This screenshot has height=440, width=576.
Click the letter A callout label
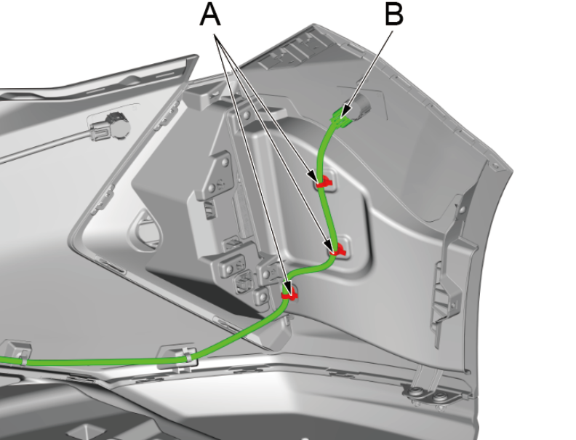(210, 15)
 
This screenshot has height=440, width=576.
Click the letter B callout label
(393, 15)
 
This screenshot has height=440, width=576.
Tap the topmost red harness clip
(323, 182)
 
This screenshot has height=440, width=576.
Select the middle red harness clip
(338, 251)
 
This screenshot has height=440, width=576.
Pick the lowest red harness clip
(289, 295)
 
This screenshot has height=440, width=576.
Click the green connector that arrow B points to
(340, 117)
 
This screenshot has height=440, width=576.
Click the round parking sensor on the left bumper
(119, 125)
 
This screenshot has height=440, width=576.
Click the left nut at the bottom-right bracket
(415, 393)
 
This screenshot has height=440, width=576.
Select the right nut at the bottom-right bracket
(439, 396)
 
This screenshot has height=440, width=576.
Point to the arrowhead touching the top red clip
(312, 176)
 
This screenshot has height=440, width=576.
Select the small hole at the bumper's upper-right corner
(495, 167)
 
